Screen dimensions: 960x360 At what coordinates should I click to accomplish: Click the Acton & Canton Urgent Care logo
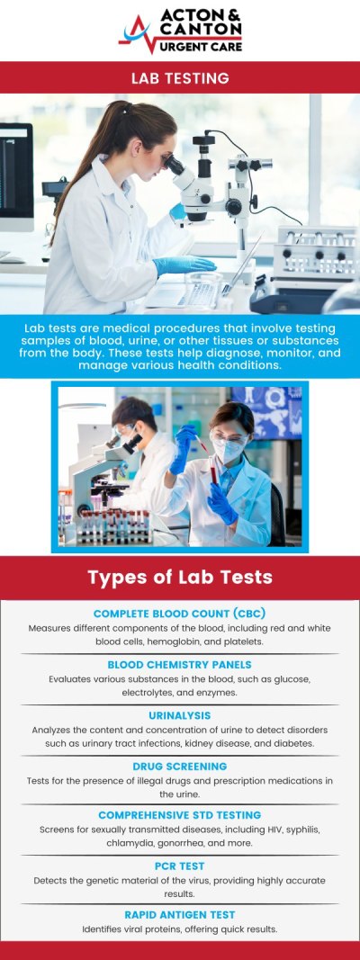pyautogui.click(x=180, y=32)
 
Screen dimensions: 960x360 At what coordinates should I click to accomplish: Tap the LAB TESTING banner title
pyautogui.click(x=180, y=78)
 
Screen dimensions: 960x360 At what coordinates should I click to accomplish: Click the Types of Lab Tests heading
pyautogui.click(x=180, y=576)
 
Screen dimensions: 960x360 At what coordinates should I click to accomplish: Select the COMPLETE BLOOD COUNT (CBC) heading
pyautogui.click(x=180, y=614)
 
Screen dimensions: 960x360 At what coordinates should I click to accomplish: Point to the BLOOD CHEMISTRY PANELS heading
pyautogui.click(x=180, y=665)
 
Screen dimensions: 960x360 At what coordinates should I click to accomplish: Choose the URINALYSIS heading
pyautogui.click(x=180, y=715)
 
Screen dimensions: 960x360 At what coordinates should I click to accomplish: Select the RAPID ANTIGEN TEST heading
pyautogui.click(x=180, y=914)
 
